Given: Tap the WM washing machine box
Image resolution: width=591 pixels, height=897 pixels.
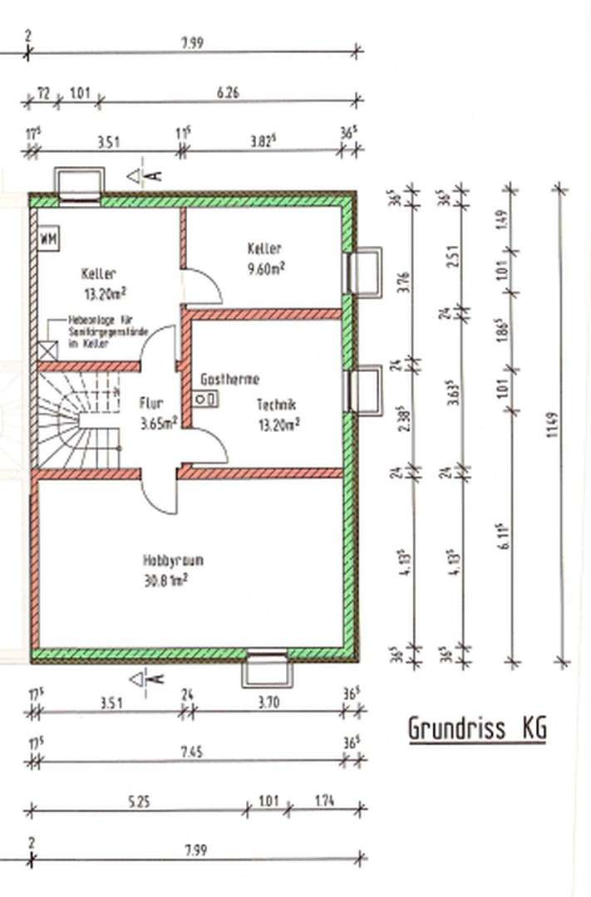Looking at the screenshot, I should point(47,239).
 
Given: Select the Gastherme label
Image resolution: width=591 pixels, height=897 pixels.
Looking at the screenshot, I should point(229,380).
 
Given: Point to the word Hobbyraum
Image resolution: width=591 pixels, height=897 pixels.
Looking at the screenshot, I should point(172,561).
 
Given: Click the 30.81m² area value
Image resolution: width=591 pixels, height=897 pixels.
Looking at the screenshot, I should point(164,581).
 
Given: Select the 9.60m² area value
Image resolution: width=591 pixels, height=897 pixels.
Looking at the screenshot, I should point(265,267).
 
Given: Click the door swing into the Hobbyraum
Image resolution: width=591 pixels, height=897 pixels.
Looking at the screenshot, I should point(159,494).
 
